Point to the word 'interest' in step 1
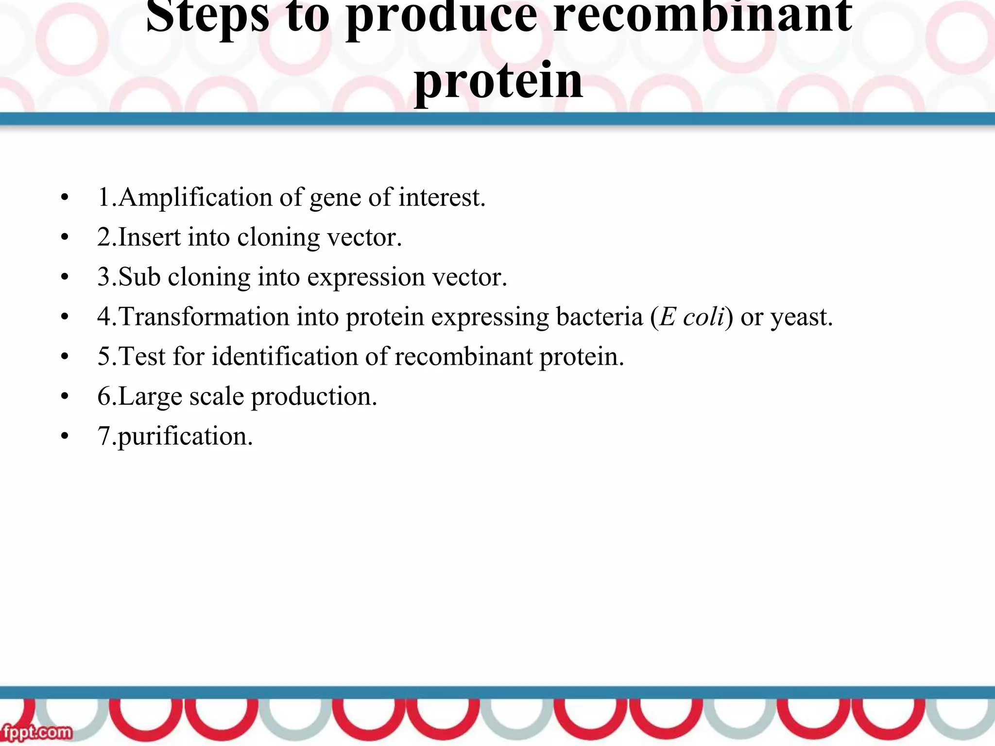[x=440, y=198]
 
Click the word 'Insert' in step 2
[x=149, y=237]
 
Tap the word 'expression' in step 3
[x=365, y=277]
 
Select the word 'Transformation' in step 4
[x=204, y=317]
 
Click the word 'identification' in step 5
[x=285, y=357]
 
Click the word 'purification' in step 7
[x=184, y=437]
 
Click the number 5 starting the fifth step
[x=104, y=357]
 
